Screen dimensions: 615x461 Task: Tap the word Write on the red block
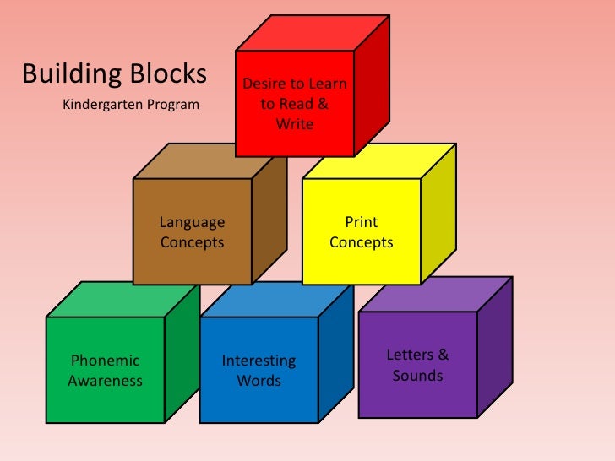click(x=295, y=124)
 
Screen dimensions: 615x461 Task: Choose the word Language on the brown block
click(x=193, y=222)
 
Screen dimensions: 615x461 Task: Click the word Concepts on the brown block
click(x=193, y=242)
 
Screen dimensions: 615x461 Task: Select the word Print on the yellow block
click(x=362, y=222)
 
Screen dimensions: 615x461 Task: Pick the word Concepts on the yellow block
click(x=362, y=242)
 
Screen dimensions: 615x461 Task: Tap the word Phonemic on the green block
click(x=106, y=361)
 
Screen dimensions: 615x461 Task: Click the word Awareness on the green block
click(x=106, y=381)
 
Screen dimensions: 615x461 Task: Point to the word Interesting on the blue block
click(x=259, y=361)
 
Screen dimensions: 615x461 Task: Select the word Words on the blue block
click(x=259, y=381)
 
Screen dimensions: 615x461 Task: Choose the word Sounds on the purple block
click(x=418, y=375)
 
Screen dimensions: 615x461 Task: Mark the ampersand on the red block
click(x=321, y=105)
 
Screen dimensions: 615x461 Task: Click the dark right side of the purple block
click(x=495, y=355)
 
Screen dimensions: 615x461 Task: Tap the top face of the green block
click(x=123, y=299)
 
